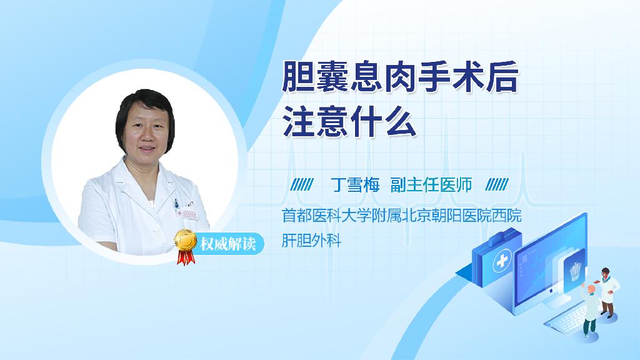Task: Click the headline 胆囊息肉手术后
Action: click(400, 76)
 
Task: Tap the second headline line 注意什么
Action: click(349, 121)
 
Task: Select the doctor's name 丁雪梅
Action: click(355, 185)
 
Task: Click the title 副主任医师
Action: click(431, 185)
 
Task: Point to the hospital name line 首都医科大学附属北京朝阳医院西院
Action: click(402, 216)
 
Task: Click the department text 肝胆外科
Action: click(311, 240)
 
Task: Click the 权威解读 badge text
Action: click(227, 244)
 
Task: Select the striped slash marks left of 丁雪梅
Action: click(302, 185)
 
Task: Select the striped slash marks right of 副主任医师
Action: click(497, 185)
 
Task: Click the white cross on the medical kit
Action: click(502, 261)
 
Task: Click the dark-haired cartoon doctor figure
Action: click(607, 292)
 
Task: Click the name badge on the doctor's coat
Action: click(186, 214)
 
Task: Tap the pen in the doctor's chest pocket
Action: click(176, 203)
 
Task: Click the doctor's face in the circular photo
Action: click(146, 131)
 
